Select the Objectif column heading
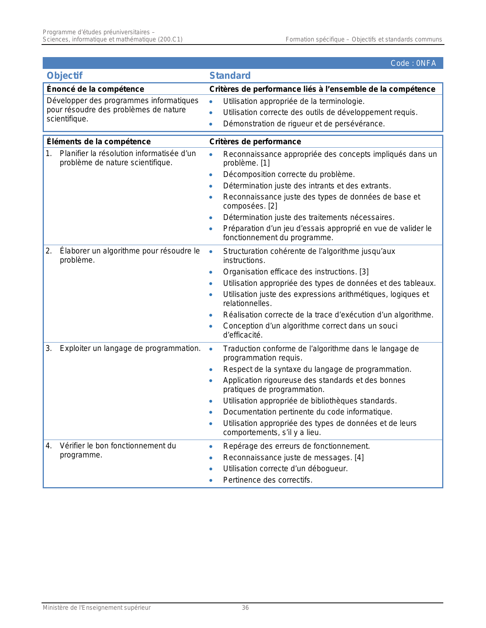(64, 76)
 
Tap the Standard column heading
(230, 76)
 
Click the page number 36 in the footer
(245, 608)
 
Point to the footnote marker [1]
(265, 163)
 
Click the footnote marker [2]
(273, 206)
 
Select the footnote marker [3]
(364, 272)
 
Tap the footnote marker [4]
(359, 457)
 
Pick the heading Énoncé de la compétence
(95, 89)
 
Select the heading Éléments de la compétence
(98, 142)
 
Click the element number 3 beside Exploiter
(48, 349)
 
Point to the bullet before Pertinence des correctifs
(211, 480)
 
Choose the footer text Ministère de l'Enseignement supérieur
(96, 608)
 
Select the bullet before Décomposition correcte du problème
(211, 175)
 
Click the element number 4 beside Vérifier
(48, 446)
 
